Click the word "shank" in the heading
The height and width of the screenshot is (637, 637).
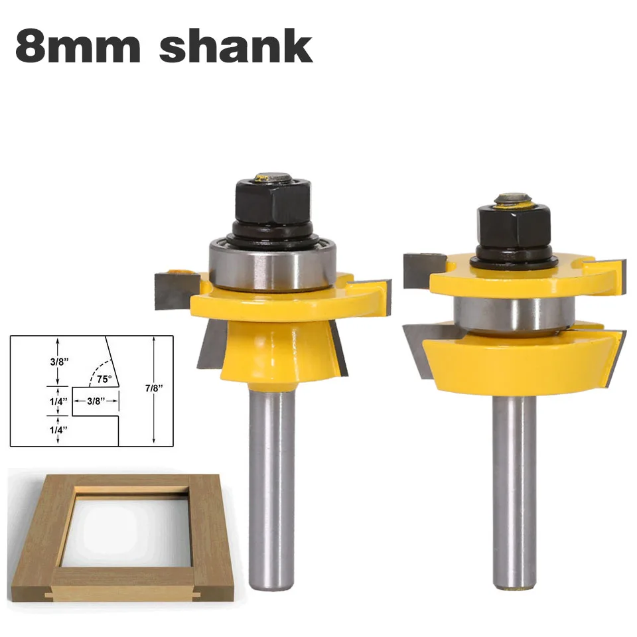coord(236,46)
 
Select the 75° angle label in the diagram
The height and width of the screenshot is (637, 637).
coord(104,379)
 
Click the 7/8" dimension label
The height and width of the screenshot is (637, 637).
coord(154,388)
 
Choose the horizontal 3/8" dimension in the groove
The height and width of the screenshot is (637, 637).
coord(96,401)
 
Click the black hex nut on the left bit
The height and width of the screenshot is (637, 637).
coord(273,203)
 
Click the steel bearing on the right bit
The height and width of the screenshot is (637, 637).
coord(514,315)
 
